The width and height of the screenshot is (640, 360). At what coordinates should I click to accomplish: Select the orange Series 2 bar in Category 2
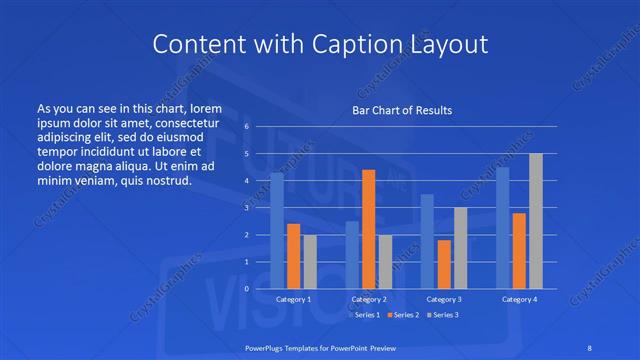coord(368,229)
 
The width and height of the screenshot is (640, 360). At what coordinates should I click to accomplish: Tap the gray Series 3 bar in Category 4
coord(536,221)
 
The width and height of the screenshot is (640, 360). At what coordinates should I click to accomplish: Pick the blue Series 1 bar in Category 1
coord(277,230)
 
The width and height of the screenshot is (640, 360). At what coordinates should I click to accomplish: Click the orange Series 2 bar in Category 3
coord(444,264)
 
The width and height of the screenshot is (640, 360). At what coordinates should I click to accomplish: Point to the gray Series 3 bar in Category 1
coord(310,261)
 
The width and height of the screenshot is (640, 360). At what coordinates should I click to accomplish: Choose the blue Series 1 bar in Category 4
coord(503,228)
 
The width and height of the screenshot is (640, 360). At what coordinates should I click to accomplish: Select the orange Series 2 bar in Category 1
coord(293,256)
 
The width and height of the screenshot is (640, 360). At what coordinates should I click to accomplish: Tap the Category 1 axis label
coord(293,299)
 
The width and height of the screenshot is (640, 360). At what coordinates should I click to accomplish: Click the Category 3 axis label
coord(444,299)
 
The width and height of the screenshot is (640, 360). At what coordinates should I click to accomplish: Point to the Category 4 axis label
coord(519,299)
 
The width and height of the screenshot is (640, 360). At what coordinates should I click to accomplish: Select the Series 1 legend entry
coord(366,315)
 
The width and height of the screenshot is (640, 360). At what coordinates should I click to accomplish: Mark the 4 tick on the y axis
coord(246,181)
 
